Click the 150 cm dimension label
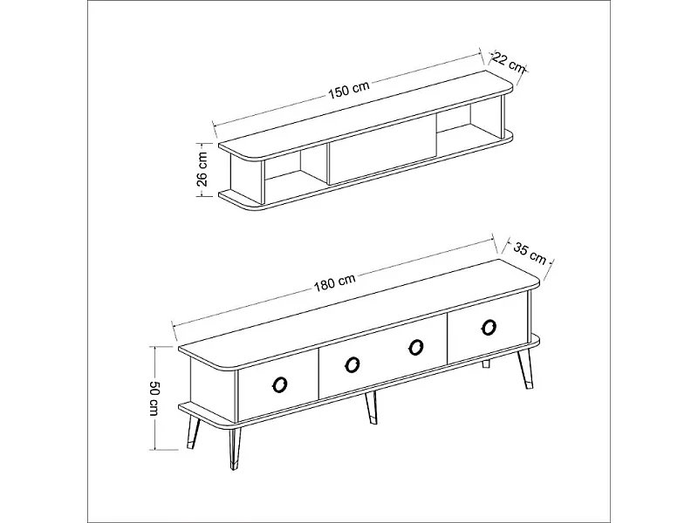coord(349,90)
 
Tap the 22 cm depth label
coord(509,62)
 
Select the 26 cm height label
coord(202,169)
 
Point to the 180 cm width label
coord(335,282)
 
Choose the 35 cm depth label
coord(530,253)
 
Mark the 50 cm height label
coord(154,398)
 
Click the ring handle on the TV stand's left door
coord(280,384)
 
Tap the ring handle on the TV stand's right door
coord(489,328)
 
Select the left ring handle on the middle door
coord(352,364)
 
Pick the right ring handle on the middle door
coord(416,347)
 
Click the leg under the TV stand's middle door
coord(372,407)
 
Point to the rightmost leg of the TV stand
coord(524,369)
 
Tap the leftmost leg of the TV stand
coord(193,431)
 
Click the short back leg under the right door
coord(486,364)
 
